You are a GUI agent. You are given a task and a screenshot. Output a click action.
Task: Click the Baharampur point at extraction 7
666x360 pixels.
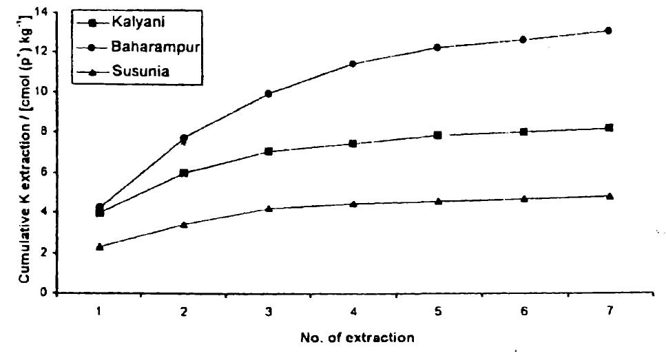tap(608, 31)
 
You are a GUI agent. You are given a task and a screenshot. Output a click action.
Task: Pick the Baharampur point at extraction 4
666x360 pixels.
tap(353, 64)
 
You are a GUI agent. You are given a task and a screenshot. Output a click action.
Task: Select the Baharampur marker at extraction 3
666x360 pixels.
tap(269, 94)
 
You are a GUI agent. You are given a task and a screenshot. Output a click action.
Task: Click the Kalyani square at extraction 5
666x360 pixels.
tap(438, 136)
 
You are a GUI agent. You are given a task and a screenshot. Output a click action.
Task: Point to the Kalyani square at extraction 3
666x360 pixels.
tap(269, 151)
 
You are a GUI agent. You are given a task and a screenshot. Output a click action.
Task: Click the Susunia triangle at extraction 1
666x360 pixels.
tap(100, 246)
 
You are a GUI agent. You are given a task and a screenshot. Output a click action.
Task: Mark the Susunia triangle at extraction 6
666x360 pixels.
tap(523, 198)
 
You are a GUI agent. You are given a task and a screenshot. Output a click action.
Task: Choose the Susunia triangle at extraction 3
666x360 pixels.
tap(269, 208)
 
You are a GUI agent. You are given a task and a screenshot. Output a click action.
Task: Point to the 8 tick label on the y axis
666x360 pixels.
tap(48, 132)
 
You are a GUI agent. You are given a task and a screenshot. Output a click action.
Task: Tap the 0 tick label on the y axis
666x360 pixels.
tap(48, 293)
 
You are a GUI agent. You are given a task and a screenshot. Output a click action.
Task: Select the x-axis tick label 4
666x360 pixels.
tap(353, 311)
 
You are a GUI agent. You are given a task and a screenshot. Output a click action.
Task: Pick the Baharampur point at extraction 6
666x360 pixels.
tap(523, 40)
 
